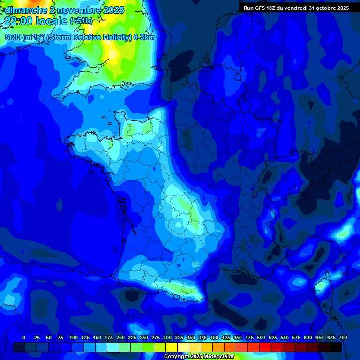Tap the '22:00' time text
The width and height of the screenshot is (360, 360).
pyautogui.click(x=20, y=21)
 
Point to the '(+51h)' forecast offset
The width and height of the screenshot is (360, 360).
pyautogui.click(x=81, y=21)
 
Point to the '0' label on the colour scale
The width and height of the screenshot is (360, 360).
pyautogui.click(x=24, y=337)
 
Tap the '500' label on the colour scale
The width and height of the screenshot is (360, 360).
pyautogui.click(x=261, y=337)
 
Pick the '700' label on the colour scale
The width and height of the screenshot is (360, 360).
pyautogui.click(x=343, y=337)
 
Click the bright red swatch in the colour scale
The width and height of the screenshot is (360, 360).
pyautogui.click(x=265, y=347)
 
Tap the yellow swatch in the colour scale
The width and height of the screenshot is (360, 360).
pyautogui.click(x=172, y=347)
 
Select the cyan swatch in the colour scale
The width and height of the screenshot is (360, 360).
pyautogui.click(x=113, y=347)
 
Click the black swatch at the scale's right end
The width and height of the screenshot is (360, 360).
pyautogui.click(x=336, y=347)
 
